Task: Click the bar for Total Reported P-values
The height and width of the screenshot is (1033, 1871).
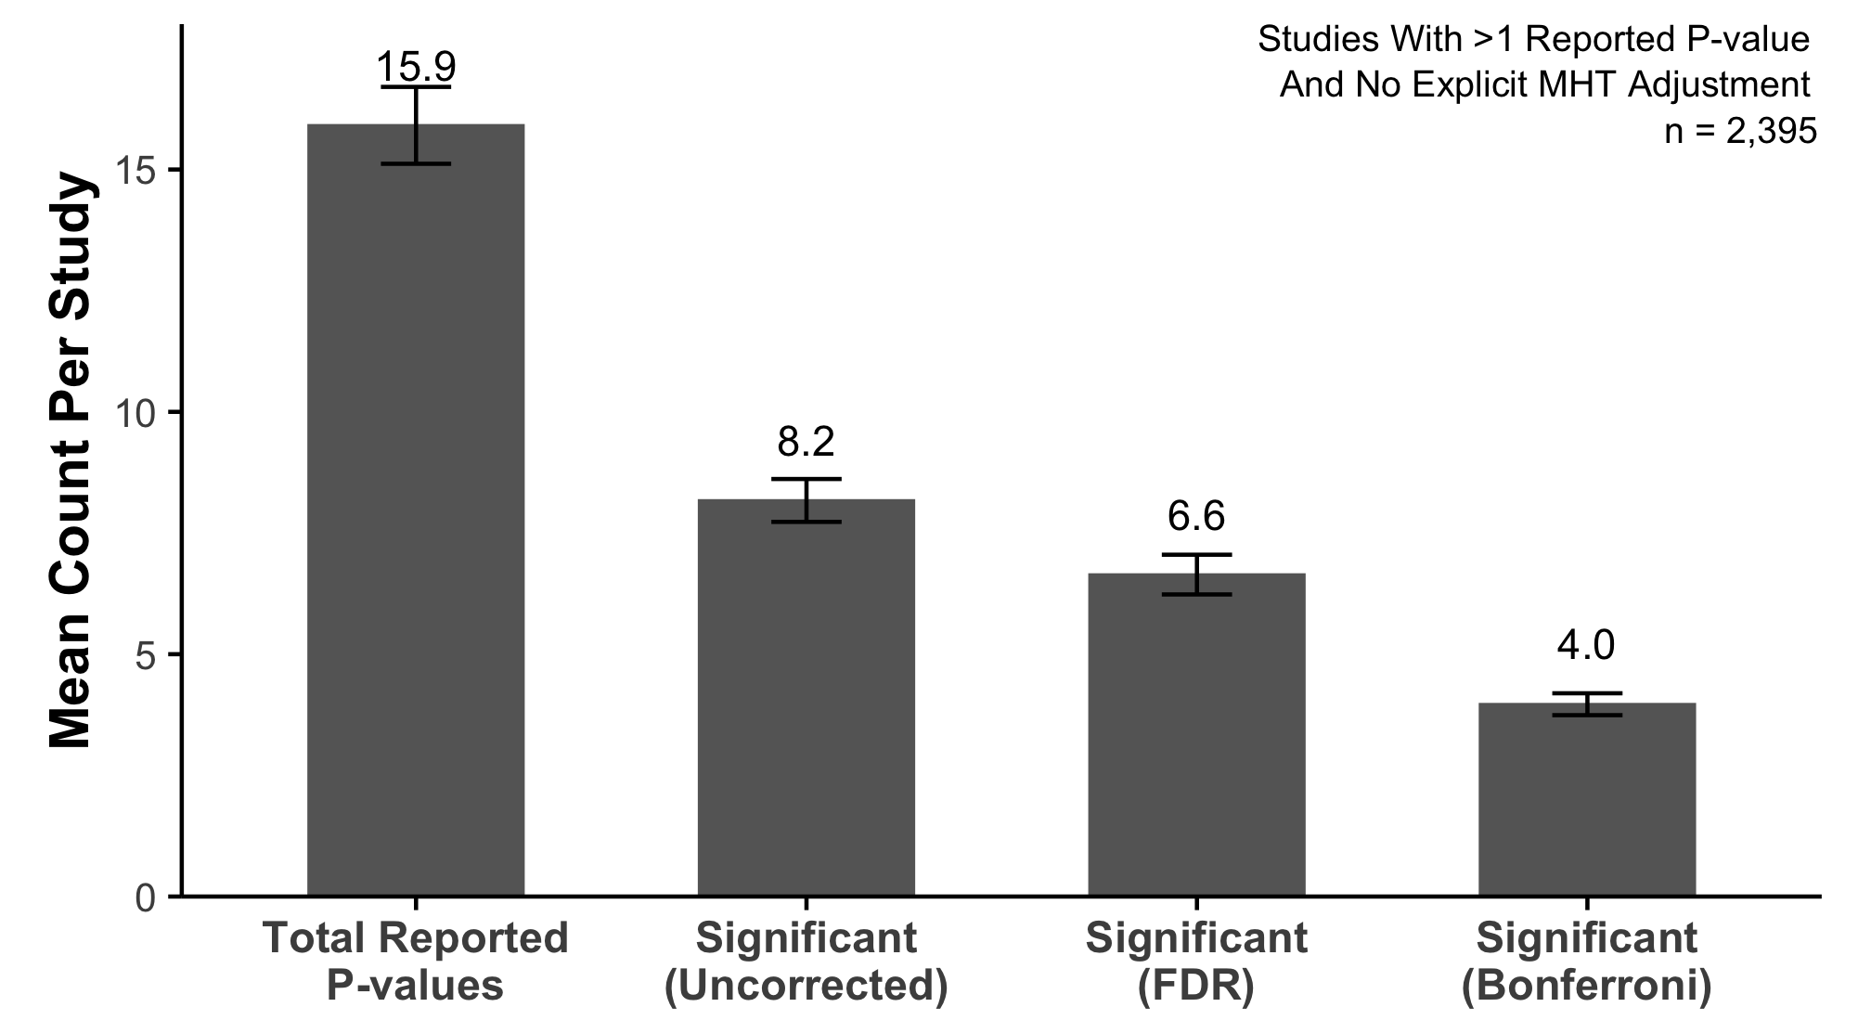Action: click(x=416, y=510)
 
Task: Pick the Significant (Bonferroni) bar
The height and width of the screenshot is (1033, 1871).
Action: click(x=1587, y=799)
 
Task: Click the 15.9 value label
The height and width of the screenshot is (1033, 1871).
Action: click(x=416, y=67)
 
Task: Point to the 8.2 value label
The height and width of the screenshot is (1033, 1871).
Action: click(x=806, y=442)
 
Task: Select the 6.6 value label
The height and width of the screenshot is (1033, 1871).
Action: click(x=1196, y=516)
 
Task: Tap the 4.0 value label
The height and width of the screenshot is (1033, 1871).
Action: click(x=1587, y=645)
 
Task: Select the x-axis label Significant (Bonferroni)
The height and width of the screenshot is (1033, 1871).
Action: click(x=1587, y=962)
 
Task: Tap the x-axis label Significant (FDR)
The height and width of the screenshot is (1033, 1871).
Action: click(x=1196, y=962)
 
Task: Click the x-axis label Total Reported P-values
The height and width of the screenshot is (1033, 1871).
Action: click(x=416, y=962)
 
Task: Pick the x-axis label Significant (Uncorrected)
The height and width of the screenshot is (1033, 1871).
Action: click(x=806, y=962)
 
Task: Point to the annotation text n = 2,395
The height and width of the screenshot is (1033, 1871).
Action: click(x=1740, y=132)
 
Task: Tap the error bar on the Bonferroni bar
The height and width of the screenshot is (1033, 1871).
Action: click(x=1587, y=704)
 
